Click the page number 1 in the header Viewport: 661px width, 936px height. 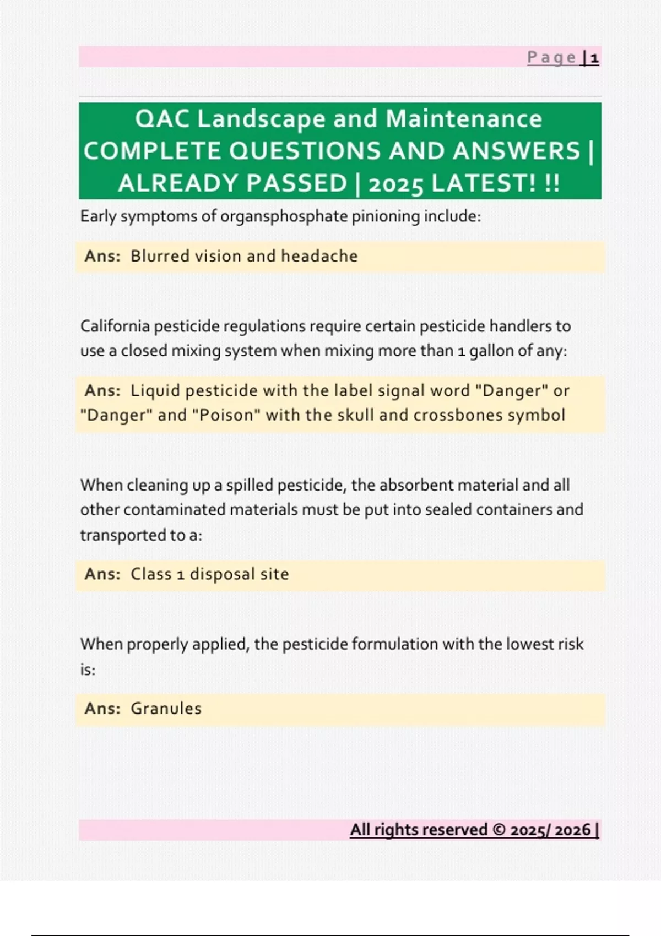point(594,58)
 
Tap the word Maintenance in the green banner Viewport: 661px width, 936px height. point(464,119)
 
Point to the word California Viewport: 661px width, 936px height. point(115,326)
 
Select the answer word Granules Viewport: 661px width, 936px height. point(166,709)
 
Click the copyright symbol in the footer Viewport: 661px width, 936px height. point(500,830)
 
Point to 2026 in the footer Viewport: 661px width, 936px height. point(572,830)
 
